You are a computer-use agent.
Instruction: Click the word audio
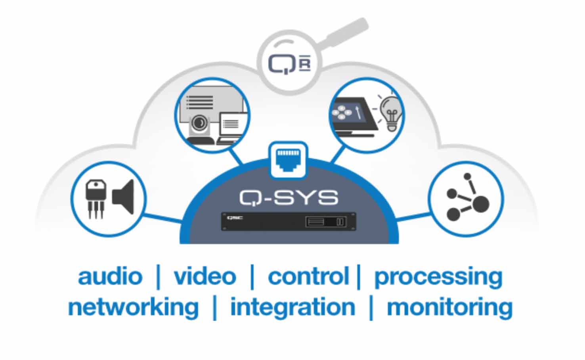point(110,276)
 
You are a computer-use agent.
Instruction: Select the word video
point(205,276)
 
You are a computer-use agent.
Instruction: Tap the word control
point(308,276)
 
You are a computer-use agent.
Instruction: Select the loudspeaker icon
point(124,197)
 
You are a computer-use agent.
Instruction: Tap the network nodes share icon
point(467,198)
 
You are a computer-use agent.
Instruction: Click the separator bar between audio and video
point(159,277)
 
